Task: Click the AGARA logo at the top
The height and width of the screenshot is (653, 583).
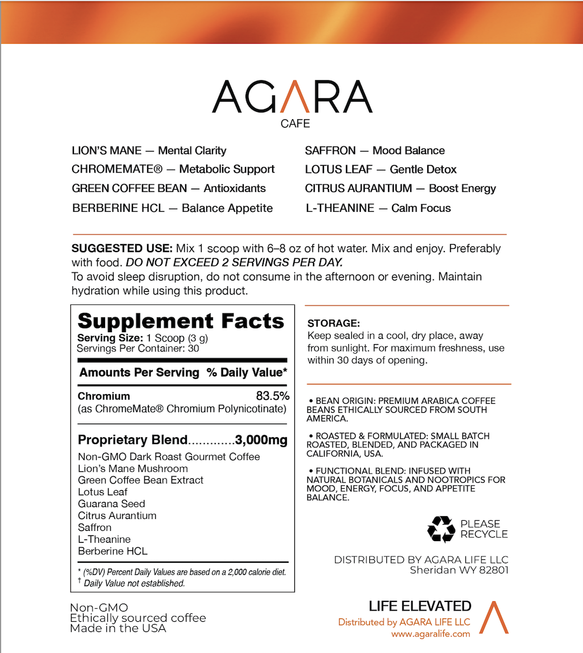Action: (x=292, y=97)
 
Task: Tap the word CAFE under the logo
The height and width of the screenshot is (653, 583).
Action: (x=295, y=123)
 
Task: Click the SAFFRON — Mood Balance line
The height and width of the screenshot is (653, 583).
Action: (x=374, y=150)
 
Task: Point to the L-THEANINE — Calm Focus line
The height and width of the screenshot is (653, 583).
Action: (x=377, y=208)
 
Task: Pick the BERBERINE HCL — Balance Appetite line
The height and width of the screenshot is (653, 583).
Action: (x=172, y=208)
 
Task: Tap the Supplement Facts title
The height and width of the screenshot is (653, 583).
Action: (x=181, y=321)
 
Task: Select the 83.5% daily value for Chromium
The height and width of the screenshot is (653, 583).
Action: (x=273, y=396)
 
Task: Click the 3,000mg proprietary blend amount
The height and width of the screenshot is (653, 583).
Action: (x=262, y=439)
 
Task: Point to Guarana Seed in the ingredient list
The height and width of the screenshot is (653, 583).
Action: (x=111, y=504)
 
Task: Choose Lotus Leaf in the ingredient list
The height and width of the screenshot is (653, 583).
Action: (x=103, y=492)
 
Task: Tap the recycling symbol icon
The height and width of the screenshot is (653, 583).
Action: (x=442, y=529)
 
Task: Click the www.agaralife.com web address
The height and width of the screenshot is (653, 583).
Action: (x=431, y=634)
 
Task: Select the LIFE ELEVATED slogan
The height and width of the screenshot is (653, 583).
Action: (x=420, y=606)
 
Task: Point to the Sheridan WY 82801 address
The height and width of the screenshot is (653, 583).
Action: (x=459, y=570)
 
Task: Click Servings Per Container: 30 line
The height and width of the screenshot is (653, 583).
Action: (x=138, y=348)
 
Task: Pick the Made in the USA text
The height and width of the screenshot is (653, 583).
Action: (x=118, y=629)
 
